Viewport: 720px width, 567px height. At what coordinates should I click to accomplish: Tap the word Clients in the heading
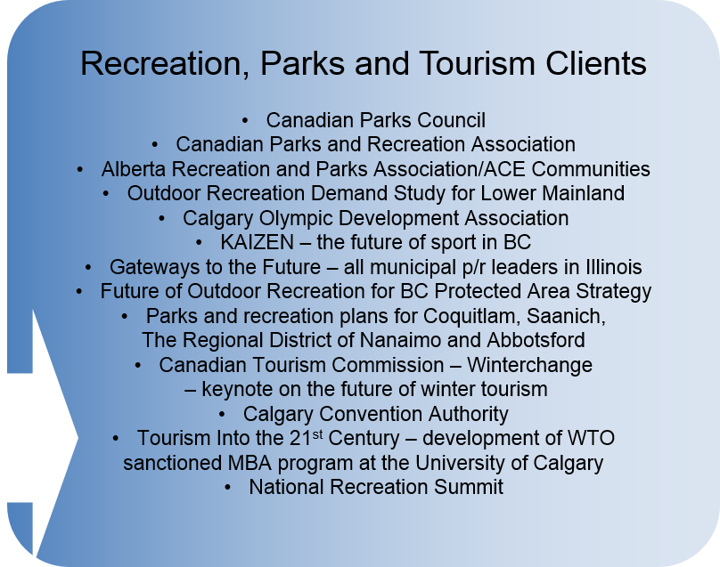(596, 63)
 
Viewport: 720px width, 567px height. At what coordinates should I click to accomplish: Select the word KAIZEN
(258, 242)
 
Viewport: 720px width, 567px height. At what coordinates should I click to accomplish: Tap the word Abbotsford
(536, 340)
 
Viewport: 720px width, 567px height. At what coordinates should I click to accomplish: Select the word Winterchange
(530, 365)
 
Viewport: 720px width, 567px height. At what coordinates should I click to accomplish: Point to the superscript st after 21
(318, 433)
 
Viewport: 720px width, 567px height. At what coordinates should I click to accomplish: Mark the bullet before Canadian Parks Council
(245, 121)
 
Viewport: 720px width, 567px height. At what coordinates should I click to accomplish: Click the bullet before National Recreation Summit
(228, 488)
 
